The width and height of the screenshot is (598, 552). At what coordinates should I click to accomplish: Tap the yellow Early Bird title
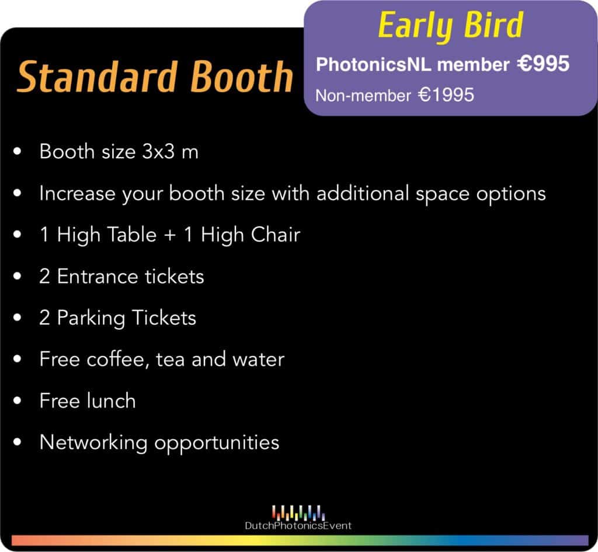click(450, 26)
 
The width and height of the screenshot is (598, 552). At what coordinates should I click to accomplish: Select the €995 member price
click(544, 63)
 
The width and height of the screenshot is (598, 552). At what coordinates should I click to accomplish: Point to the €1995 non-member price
click(446, 95)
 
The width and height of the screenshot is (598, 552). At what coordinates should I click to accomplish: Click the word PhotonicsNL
click(373, 64)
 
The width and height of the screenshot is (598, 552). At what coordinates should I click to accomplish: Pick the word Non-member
click(363, 95)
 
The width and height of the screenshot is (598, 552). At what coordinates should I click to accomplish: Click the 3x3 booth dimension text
click(158, 151)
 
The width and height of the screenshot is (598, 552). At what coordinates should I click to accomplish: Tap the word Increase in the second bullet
click(77, 193)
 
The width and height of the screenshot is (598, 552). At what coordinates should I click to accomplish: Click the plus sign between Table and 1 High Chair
click(170, 235)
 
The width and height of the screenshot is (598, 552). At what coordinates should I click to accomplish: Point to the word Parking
click(91, 318)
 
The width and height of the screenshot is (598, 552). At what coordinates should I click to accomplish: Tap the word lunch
click(111, 401)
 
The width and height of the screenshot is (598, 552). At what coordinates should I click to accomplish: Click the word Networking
click(93, 443)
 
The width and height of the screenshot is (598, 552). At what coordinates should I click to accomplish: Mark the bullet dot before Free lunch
click(17, 401)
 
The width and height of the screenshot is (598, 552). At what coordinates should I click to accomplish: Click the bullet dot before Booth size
click(17, 151)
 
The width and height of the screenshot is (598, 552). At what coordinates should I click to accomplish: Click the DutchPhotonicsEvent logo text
click(298, 526)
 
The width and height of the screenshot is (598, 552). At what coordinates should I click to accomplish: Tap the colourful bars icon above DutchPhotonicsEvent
click(298, 512)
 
